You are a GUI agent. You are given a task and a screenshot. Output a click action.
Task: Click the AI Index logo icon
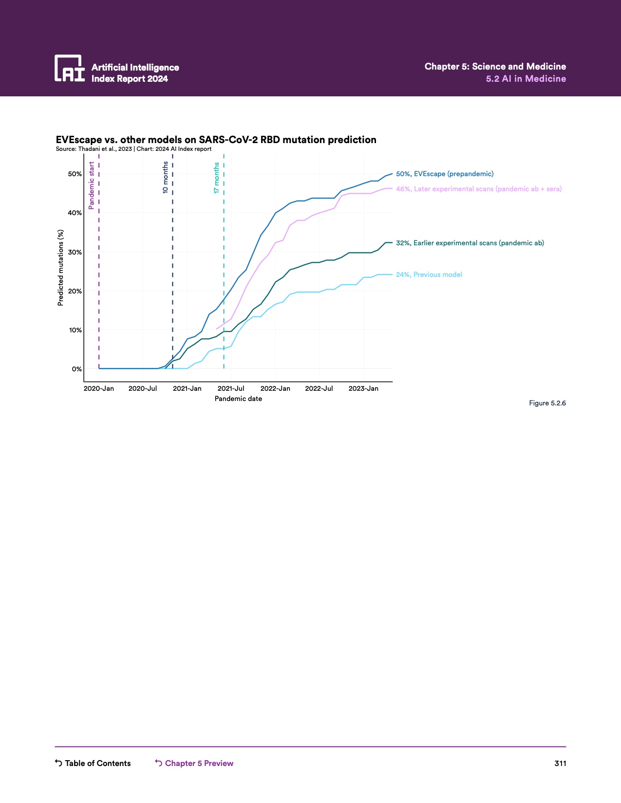(x=70, y=68)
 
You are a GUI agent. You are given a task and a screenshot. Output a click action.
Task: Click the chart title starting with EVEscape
(x=216, y=140)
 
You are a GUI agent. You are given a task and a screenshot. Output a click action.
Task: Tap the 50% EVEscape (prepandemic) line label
(x=444, y=174)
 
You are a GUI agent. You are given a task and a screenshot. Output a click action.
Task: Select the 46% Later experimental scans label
(x=478, y=189)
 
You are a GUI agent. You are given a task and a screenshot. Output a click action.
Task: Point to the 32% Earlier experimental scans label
(x=470, y=243)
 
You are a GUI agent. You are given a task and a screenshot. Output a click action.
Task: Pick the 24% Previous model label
(x=429, y=274)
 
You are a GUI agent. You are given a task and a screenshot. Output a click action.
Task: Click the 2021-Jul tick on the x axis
(x=231, y=388)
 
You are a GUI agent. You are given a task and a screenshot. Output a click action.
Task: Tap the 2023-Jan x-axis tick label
(x=363, y=388)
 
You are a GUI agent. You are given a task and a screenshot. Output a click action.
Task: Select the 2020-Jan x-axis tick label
(x=99, y=388)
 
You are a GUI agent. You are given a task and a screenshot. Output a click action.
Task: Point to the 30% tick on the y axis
(x=75, y=252)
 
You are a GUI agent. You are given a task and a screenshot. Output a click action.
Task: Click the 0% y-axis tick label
(x=77, y=369)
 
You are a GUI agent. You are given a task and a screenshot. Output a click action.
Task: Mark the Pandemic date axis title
(x=238, y=399)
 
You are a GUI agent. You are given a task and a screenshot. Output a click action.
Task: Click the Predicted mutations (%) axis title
(x=60, y=268)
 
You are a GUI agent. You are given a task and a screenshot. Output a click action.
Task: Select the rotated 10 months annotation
(x=165, y=178)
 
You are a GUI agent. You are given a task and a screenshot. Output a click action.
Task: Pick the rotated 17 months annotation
(x=216, y=178)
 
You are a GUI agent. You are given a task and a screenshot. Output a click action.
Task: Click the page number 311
(x=560, y=763)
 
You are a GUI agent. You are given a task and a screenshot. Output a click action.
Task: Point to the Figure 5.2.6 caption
(x=547, y=403)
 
